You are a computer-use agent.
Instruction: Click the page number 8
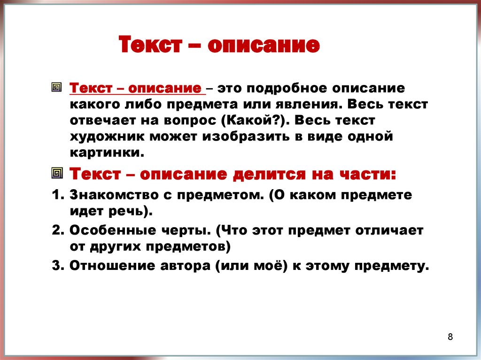click(450, 337)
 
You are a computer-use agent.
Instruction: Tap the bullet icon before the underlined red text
click(56, 87)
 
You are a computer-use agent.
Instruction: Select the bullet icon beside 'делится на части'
click(57, 173)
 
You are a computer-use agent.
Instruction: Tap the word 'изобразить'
click(246, 137)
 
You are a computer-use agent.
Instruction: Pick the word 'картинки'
click(107, 153)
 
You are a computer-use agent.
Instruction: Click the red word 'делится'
click(269, 175)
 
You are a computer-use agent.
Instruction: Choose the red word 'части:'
click(368, 175)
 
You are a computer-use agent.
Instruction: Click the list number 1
click(58, 195)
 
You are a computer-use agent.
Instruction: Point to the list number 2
click(58, 230)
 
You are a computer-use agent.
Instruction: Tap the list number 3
click(58, 266)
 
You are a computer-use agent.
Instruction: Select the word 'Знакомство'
click(114, 195)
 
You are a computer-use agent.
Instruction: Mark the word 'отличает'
click(389, 230)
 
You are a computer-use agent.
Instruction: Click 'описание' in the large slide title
click(264, 45)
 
